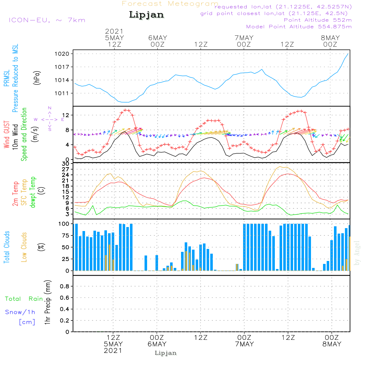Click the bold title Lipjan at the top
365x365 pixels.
[146, 15]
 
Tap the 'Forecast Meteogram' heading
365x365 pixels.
[170, 4]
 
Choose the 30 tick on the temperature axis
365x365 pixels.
[66, 163]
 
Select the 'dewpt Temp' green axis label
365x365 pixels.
[33, 192]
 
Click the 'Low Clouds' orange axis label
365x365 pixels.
[24, 247]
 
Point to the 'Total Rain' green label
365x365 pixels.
[24, 299]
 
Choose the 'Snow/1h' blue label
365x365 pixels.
[20, 312]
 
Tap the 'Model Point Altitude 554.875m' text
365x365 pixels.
[299, 27]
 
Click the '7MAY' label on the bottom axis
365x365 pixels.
[244, 344]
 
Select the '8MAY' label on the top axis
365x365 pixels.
[330, 38]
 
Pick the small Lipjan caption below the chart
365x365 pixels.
[166, 353]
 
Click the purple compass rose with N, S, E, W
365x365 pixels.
[50, 119]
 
